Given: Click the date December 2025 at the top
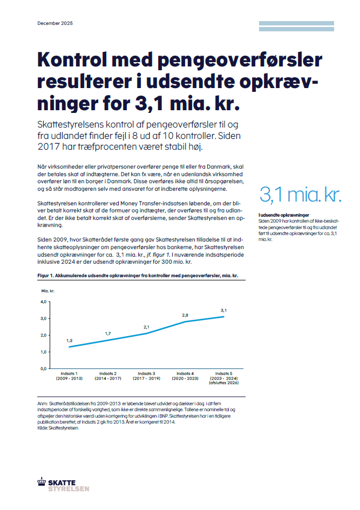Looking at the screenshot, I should coord(55,24).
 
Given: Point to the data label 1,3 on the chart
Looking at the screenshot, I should coord(70,340).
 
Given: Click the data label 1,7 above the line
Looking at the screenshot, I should coord(108,333).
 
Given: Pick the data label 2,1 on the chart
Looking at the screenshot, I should coord(146,327).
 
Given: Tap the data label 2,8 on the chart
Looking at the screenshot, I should coord(185,315).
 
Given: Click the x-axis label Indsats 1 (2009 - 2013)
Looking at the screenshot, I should coord(69,375).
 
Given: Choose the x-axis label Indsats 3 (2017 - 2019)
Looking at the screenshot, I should coord(146,375).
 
